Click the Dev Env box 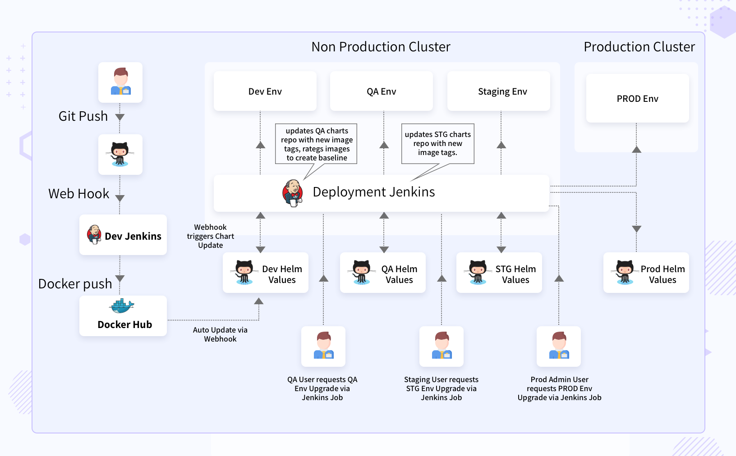pos(265,91)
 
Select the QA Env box pos(381,91)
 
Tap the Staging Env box pos(502,91)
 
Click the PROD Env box pos(637,99)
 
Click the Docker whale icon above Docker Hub pos(122,306)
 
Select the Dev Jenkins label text pos(133,236)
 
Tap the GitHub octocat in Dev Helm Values pos(244,272)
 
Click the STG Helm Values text pos(515,274)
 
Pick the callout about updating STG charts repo pos(437,143)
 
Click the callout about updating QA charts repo pos(317,144)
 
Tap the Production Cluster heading pos(639,47)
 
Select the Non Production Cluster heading pos(381,47)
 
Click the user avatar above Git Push pos(120,82)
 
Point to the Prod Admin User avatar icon pos(559,346)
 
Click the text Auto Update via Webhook pos(220,334)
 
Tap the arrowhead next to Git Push pos(120,117)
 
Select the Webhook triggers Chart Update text pos(211,236)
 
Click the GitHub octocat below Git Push pos(120,154)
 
